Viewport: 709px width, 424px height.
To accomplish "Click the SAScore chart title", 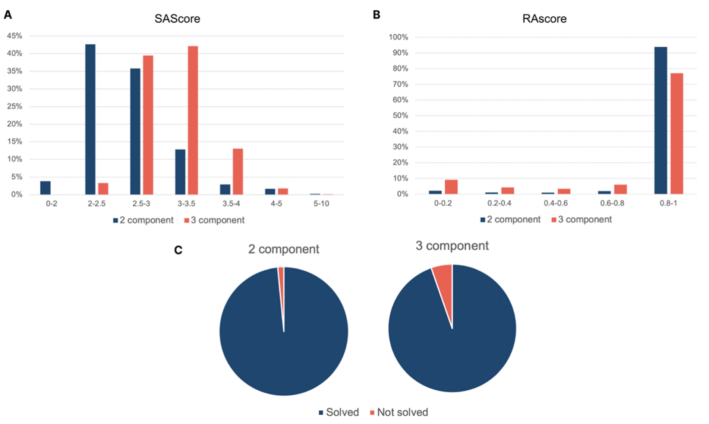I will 177,19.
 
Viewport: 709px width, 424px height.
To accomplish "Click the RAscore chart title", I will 544,19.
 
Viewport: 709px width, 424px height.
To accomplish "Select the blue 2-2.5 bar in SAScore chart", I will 90,119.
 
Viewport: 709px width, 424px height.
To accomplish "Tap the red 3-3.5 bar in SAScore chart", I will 193,120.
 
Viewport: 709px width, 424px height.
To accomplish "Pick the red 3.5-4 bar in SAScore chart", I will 238,171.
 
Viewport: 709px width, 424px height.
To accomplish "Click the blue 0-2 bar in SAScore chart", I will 45,188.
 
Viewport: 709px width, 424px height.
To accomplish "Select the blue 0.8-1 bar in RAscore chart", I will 661,120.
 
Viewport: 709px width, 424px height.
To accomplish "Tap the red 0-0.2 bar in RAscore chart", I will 451,187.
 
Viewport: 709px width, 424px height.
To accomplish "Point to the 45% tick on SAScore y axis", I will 15,36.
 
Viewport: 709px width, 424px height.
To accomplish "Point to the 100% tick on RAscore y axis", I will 398,37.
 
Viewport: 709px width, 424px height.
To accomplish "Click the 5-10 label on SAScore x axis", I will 321,203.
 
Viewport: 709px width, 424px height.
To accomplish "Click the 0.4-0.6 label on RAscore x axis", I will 555,203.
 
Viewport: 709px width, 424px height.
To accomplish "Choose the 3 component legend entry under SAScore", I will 215,220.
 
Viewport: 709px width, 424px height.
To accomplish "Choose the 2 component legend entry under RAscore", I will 510,219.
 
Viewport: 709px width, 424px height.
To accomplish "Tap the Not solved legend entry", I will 399,412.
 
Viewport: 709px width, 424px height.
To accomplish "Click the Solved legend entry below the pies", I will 339,412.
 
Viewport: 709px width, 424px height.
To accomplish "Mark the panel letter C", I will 178,250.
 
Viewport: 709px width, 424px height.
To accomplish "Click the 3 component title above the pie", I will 452,246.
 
